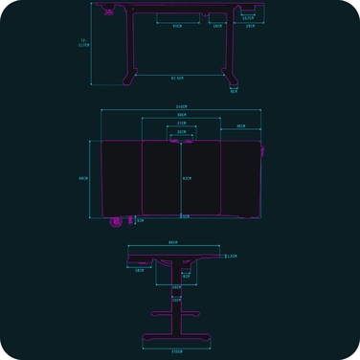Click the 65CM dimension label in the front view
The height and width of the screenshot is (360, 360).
pos(177,26)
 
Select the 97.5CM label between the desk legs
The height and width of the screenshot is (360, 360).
pos(177,78)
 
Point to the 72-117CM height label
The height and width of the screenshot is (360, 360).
pos(83,43)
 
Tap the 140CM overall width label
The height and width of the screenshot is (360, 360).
pos(181,106)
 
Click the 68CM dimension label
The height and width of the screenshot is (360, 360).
pos(181,116)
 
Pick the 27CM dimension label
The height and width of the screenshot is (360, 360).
pos(181,124)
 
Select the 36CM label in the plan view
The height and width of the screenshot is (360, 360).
pos(240,126)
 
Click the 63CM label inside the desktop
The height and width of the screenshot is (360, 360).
pos(187,178)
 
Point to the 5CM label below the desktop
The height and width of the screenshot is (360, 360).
pos(186,216)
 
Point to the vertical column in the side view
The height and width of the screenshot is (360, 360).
pos(176,311)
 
